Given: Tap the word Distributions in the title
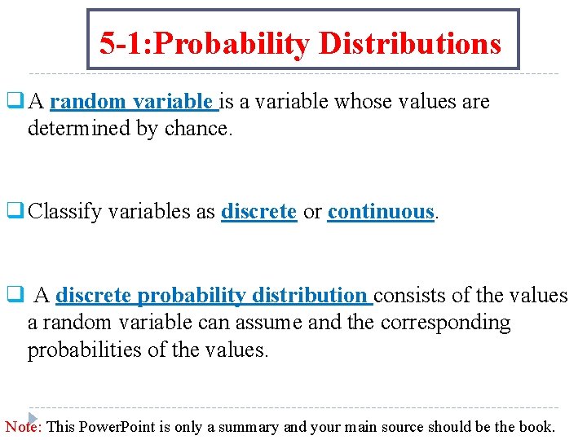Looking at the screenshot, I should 409,43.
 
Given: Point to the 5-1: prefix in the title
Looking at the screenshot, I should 123,43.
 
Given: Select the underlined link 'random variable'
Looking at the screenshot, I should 133,102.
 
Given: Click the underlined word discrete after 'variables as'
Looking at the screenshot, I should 258,212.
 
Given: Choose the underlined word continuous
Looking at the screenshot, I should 381,212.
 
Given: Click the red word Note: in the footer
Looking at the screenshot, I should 24,426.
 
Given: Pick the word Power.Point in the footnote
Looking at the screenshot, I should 120,426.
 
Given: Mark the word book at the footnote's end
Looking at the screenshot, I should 539,426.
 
